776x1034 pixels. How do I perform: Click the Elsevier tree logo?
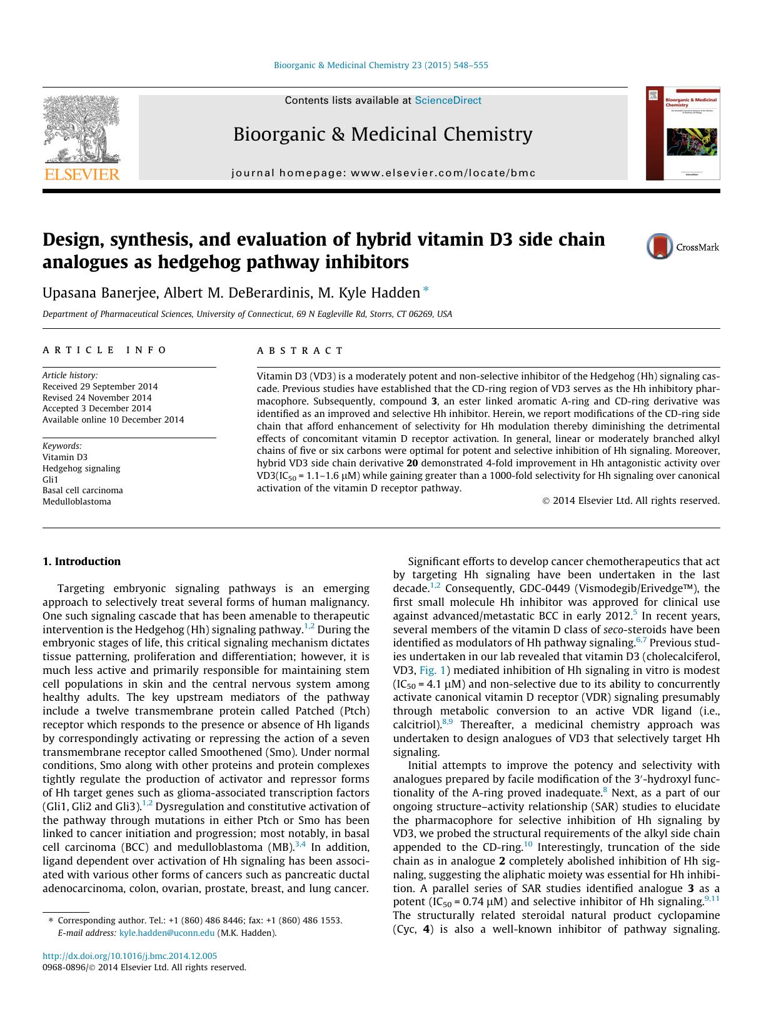(81, 131)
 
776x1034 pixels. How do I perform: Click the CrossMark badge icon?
(660, 246)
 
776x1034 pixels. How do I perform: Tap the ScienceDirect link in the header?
(448, 100)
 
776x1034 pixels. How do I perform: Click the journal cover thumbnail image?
(682, 134)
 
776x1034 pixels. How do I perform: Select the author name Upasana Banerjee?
(99, 293)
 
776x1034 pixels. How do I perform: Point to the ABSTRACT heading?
(300, 351)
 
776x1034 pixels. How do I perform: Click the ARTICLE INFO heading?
(104, 350)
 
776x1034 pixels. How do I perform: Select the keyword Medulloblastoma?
(77, 501)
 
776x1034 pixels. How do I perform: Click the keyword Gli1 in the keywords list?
(50, 479)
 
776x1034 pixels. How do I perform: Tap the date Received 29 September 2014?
(100, 386)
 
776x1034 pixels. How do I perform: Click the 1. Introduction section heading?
(81, 561)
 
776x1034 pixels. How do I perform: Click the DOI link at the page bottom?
(129, 956)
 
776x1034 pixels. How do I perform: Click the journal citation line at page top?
(381, 65)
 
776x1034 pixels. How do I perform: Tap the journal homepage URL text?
(383, 173)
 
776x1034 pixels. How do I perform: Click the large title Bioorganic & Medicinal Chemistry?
(383, 134)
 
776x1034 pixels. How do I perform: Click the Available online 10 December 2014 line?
(113, 419)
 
